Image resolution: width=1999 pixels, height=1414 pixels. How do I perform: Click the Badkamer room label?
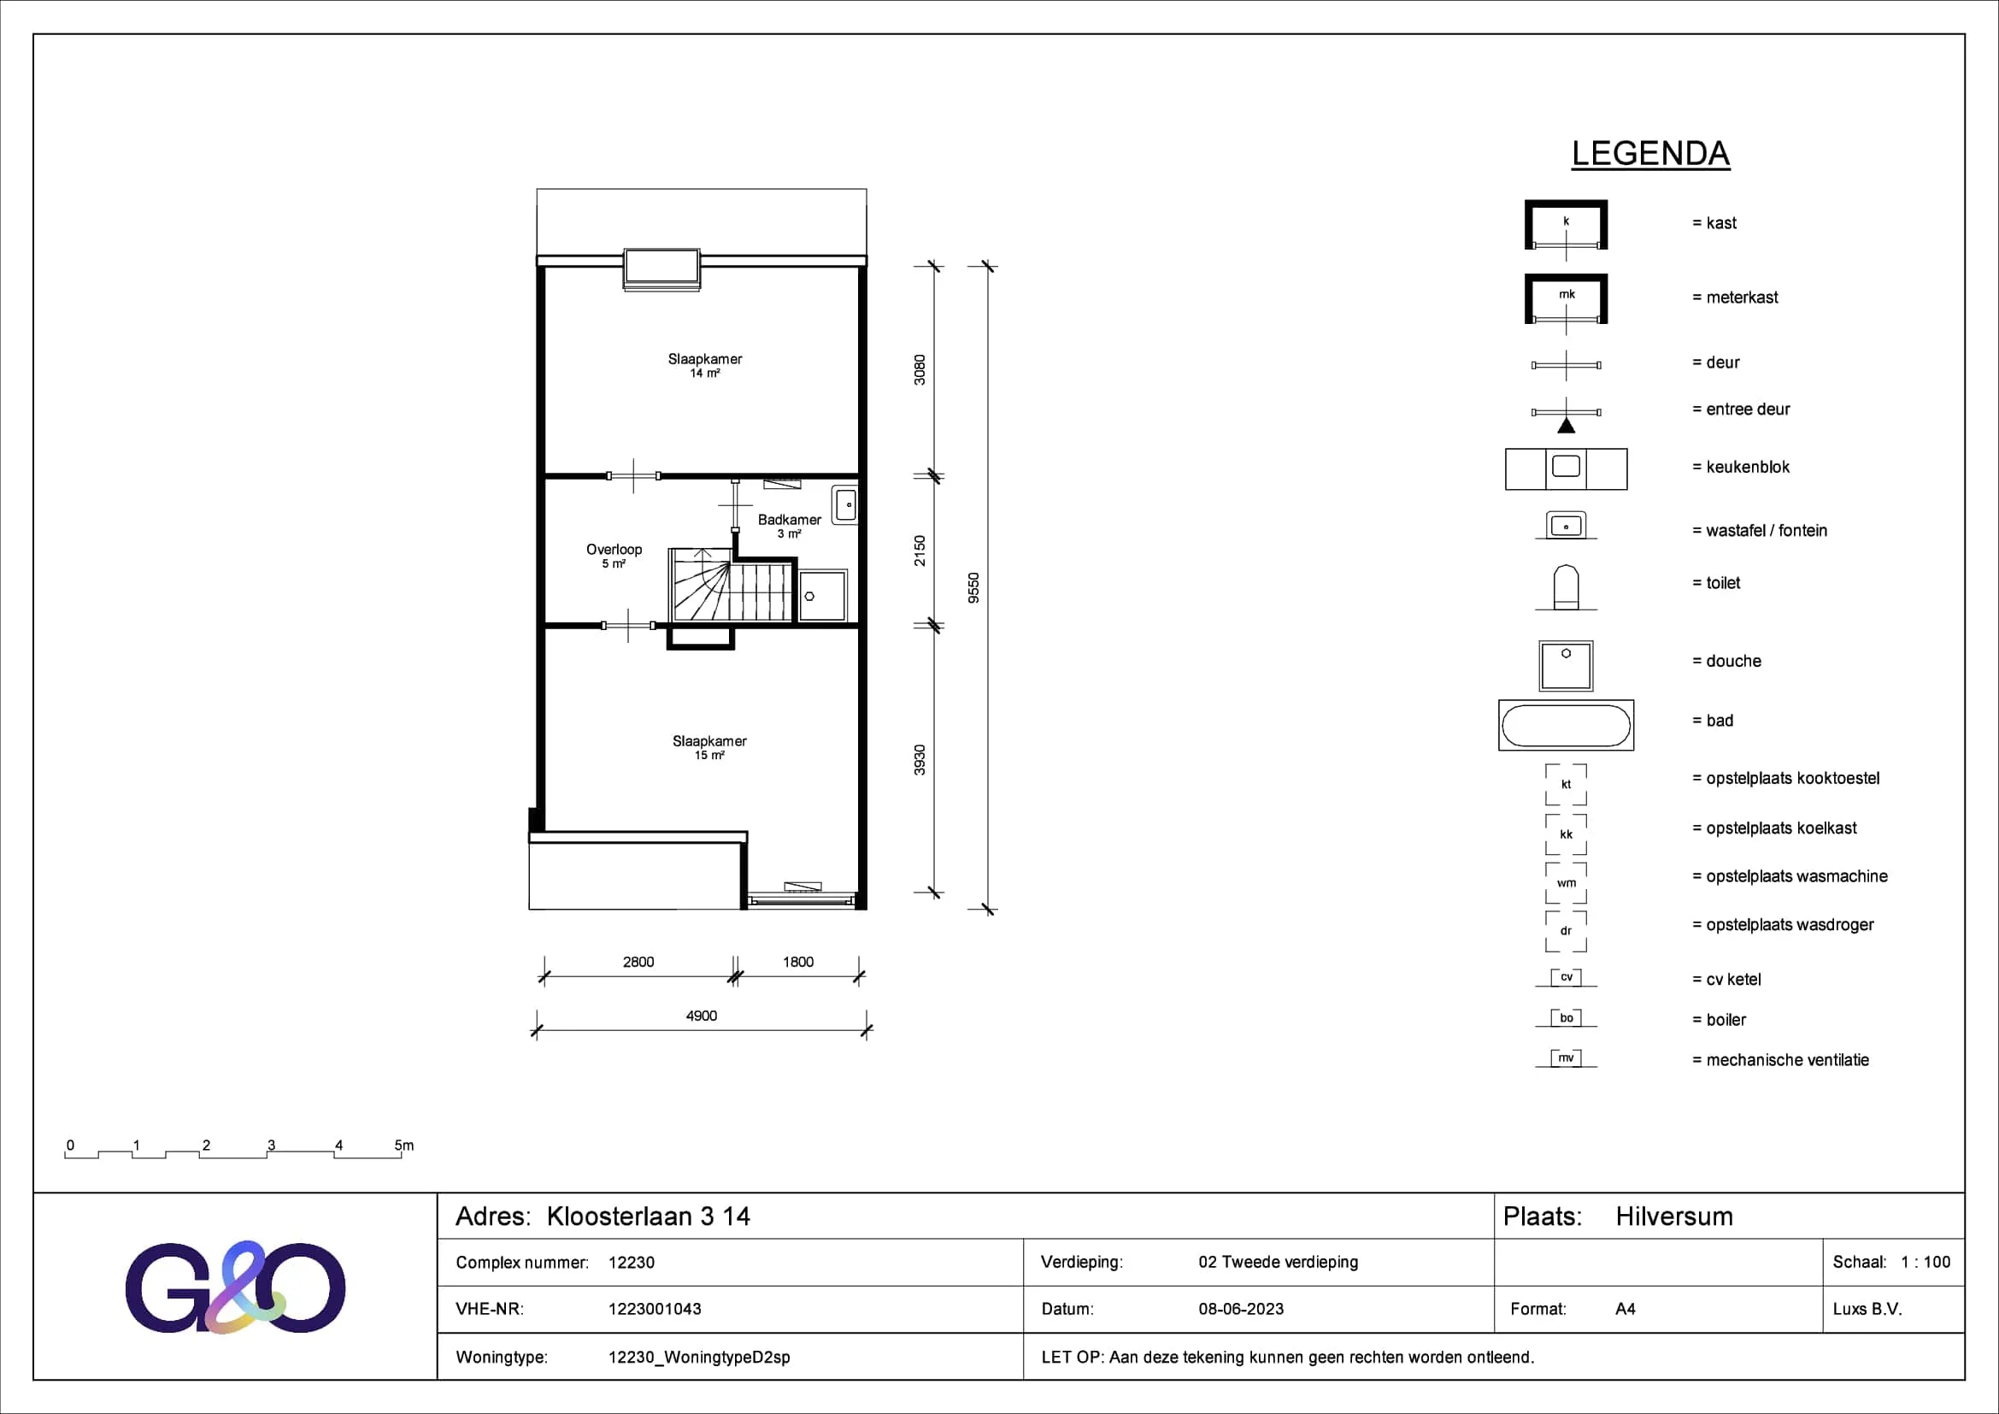[x=789, y=520]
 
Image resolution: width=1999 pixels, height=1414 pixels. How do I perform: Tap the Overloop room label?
[x=614, y=550]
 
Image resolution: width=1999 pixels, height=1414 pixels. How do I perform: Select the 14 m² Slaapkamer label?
[x=705, y=359]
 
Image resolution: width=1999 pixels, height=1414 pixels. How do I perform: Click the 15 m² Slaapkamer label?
[x=709, y=741]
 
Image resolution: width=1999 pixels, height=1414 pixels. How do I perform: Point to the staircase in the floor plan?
[x=732, y=585]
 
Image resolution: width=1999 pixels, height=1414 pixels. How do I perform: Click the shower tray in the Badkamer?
[x=823, y=596]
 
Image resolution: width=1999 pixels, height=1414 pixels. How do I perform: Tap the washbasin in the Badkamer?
[x=844, y=505]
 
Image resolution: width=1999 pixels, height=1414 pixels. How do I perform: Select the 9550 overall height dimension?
[x=973, y=587]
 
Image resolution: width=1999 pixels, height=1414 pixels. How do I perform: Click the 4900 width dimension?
[x=702, y=1016]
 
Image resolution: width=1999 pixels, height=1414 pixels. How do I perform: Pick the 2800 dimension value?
[x=638, y=961]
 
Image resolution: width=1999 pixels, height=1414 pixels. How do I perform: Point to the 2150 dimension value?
[x=920, y=551]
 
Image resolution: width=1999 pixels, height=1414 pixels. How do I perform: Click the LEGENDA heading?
[x=1651, y=154]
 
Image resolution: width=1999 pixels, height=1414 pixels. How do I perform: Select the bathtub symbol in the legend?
[x=1567, y=725]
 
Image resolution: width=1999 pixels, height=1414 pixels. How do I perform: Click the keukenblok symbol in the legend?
[x=1567, y=469]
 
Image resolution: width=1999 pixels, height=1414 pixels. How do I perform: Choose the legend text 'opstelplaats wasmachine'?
[x=1797, y=876]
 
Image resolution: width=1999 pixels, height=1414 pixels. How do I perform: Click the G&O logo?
[x=235, y=1287]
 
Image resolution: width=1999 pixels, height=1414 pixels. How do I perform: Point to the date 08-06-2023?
[x=1241, y=1309]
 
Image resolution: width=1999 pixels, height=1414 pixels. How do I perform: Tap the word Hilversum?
[x=1674, y=1217]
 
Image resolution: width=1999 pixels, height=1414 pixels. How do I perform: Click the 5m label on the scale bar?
[x=404, y=1145]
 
